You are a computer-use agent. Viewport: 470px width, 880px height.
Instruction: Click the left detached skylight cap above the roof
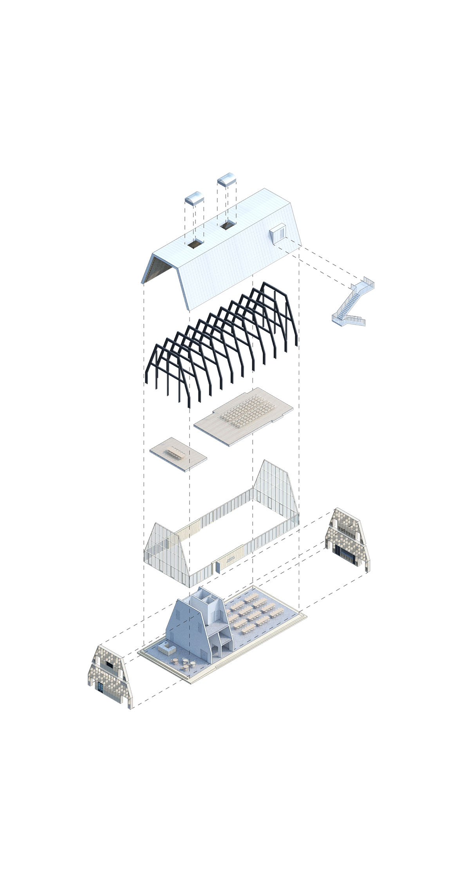pyautogui.click(x=195, y=198)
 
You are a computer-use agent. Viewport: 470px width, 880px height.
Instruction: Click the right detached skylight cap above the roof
pyautogui.click(x=227, y=179)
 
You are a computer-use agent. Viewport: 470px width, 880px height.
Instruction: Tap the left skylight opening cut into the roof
pyautogui.click(x=195, y=244)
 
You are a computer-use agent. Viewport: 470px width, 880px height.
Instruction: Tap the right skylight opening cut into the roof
pyautogui.click(x=228, y=225)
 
